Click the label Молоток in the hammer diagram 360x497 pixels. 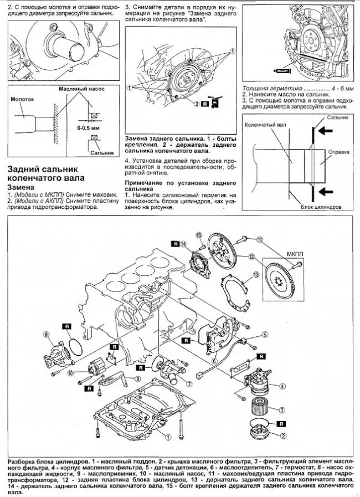click(x=22, y=99)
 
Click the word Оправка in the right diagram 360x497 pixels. click(x=338, y=151)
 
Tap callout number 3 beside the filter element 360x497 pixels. click(x=282, y=410)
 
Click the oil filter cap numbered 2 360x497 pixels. click(x=257, y=433)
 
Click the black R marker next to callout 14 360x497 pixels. click(x=175, y=243)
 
